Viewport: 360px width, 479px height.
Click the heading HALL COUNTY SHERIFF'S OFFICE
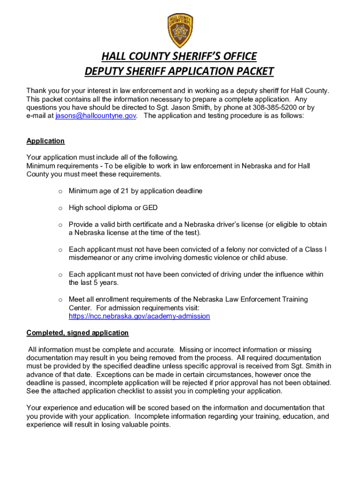coord(180,57)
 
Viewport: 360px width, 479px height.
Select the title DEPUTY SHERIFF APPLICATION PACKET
coord(180,72)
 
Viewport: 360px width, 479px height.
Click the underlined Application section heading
coord(45,141)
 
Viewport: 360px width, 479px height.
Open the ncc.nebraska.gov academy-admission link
coord(139,316)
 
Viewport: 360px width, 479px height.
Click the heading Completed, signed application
coord(77,333)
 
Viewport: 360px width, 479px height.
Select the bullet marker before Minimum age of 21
coord(60,191)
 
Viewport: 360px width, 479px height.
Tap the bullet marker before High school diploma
coord(60,208)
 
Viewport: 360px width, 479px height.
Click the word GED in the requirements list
coord(150,208)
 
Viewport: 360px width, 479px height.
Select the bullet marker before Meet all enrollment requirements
coord(60,299)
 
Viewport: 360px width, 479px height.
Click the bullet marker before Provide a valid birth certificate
coord(60,225)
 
